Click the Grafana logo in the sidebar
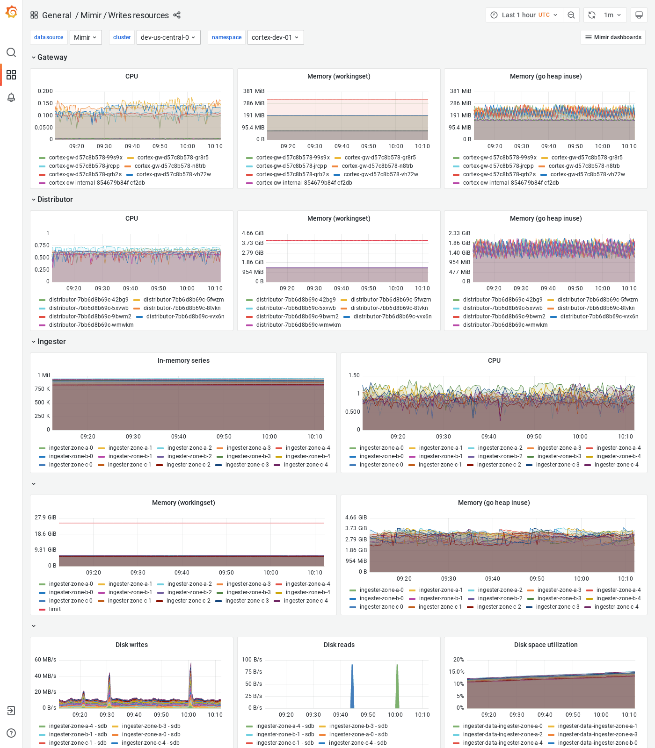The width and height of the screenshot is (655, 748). pyautogui.click(x=11, y=12)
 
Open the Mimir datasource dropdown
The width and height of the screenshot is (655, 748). pyautogui.click(x=86, y=37)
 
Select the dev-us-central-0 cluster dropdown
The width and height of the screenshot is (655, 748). pyautogui.click(x=168, y=37)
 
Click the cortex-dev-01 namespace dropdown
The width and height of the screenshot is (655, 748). pyautogui.click(x=275, y=37)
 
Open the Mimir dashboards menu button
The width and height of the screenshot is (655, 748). pyautogui.click(x=613, y=37)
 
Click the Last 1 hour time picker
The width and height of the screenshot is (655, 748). pyautogui.click(x=524, y=15)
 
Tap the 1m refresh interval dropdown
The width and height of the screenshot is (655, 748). pyautogui.click(x=612, y=15)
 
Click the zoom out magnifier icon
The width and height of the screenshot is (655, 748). pyautogui.click(x=571, y=15)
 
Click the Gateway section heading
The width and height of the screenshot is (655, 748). pyautogui.click(x=52, y=57)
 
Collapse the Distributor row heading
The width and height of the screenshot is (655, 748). pyautogui.click(x=55, y=199)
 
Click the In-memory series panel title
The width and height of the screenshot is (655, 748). pyautogui.click(x=183, y=360)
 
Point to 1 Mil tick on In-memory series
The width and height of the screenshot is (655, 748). pyautogui.click(x=44, y=375)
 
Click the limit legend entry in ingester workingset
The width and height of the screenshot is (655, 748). pyautogui.click(x=55, y=609)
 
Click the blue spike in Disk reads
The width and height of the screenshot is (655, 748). pyautogui.click(x=352, y=687)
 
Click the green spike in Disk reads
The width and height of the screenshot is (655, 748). pyautogui.click(x=397, y=687)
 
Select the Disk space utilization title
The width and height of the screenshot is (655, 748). pyautogui.click(x=546, y=645)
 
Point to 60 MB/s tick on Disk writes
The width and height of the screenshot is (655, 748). pyautogui.click(x=45, y=660)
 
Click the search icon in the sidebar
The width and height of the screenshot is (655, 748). pyautogui.click(x=11, y=52)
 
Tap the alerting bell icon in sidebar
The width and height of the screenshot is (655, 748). pyautogui.click(x=11, y=97)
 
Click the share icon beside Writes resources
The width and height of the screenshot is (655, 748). pyautogui.click(x=177, y=15)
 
